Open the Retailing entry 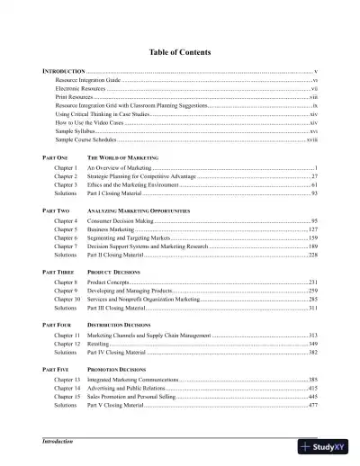tap(98, 344)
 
